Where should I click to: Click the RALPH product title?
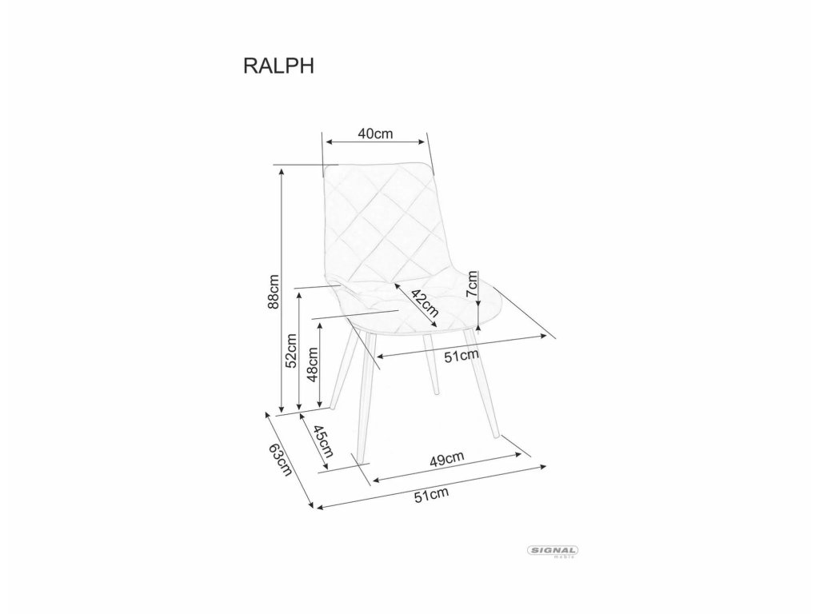278,66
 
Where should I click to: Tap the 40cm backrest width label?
375,134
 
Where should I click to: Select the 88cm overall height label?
272,293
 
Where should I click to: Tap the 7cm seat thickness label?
473,284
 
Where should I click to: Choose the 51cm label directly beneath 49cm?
431,496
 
